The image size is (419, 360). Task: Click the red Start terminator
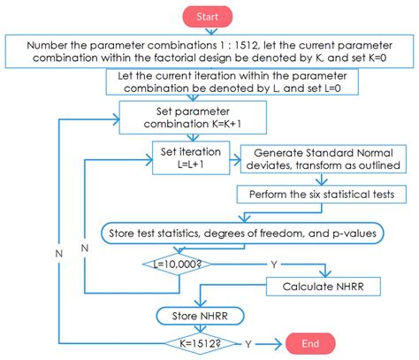point(209,15)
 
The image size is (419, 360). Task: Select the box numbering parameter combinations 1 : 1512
point(209,52)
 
